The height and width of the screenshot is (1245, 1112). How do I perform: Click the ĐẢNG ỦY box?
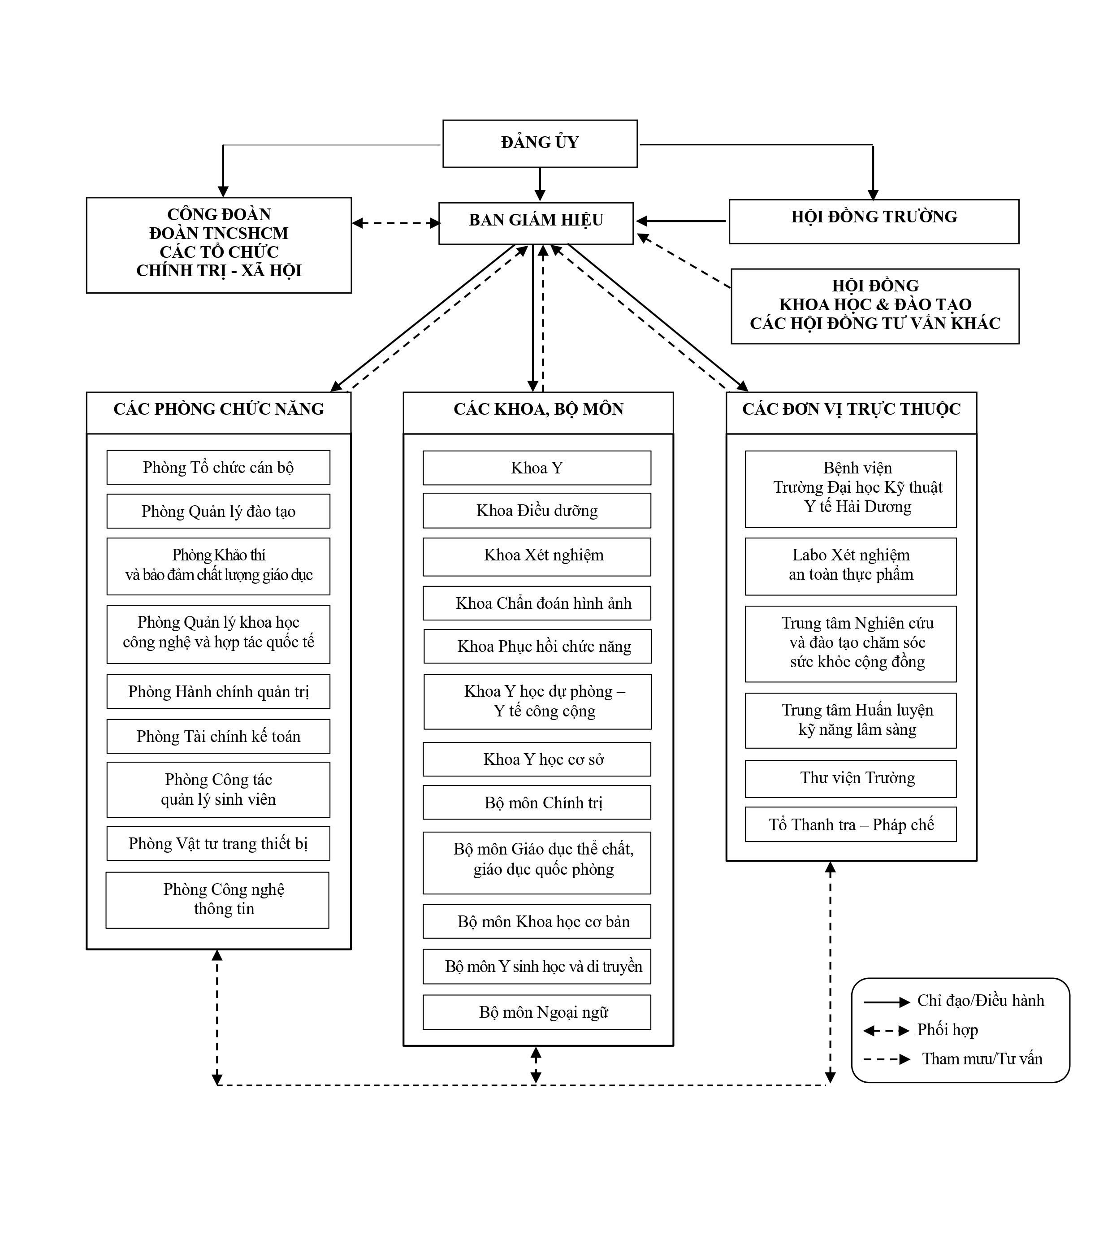pos(540,143)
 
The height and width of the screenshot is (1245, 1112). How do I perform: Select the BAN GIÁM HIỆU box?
pos(536,223)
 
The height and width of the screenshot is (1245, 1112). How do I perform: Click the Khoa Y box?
pos(537,468)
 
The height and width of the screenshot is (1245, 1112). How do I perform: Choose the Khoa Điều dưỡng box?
pos(537,510)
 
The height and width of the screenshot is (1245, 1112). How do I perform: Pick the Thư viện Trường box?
pos(851,779)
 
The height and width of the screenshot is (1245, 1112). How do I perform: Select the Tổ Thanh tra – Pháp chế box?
pos(851,824)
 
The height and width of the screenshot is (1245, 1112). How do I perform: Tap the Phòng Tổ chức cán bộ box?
pos(218,468)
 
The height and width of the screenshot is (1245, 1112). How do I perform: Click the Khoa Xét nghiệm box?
pos(537,557)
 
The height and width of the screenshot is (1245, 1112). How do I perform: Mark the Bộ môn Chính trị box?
pos(537,803)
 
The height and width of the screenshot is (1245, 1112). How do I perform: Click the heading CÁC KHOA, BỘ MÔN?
pos(538,409)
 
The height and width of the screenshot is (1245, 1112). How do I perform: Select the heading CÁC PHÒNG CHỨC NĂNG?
pos(219,409)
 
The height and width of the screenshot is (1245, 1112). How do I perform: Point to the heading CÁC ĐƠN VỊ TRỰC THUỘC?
pos(851,409)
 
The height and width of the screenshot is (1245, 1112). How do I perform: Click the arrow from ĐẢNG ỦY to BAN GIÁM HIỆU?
pos(540,184)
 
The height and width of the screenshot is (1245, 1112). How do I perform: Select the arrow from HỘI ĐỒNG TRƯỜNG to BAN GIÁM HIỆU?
pos(681,221)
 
